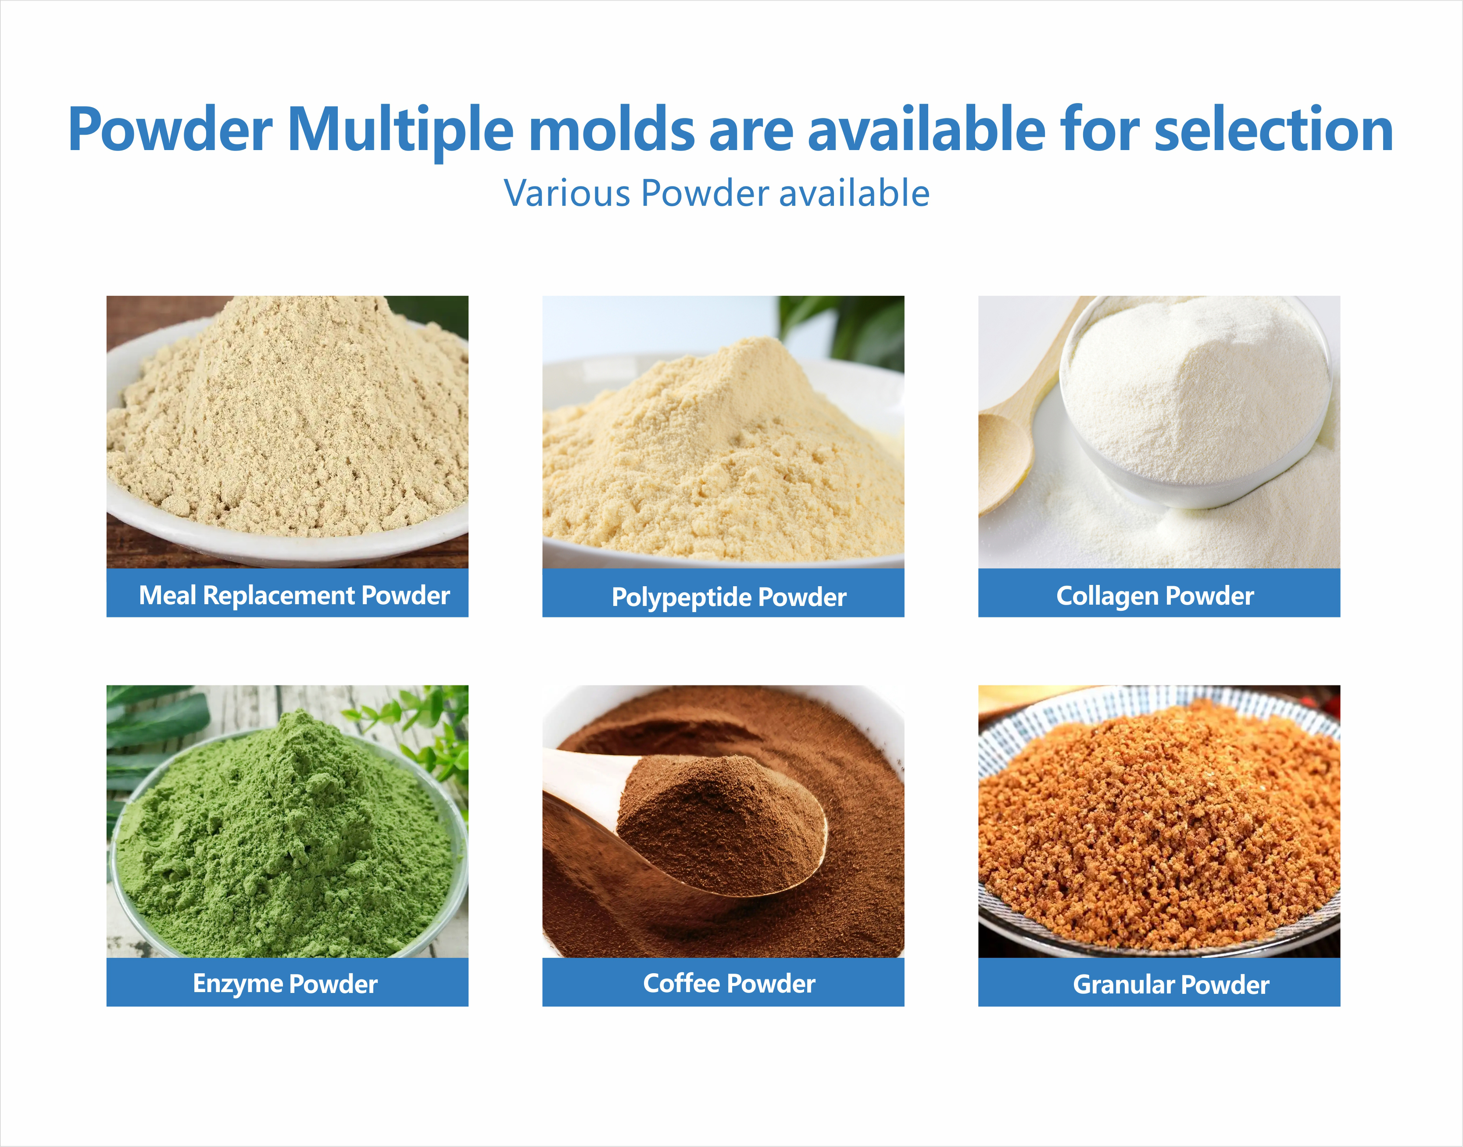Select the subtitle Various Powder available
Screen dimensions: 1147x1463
[716, 194]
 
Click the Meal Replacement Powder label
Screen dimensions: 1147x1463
[293, 595]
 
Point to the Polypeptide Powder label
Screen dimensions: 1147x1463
[729, 596]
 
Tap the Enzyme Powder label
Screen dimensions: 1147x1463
[285, 983]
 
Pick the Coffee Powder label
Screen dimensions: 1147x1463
[729, 983]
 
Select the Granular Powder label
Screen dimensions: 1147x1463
[1170, 985]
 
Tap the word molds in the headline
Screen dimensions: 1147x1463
[612, 129]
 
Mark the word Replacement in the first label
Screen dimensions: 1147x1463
[279, 595]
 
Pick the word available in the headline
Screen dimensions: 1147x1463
[926, 129]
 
